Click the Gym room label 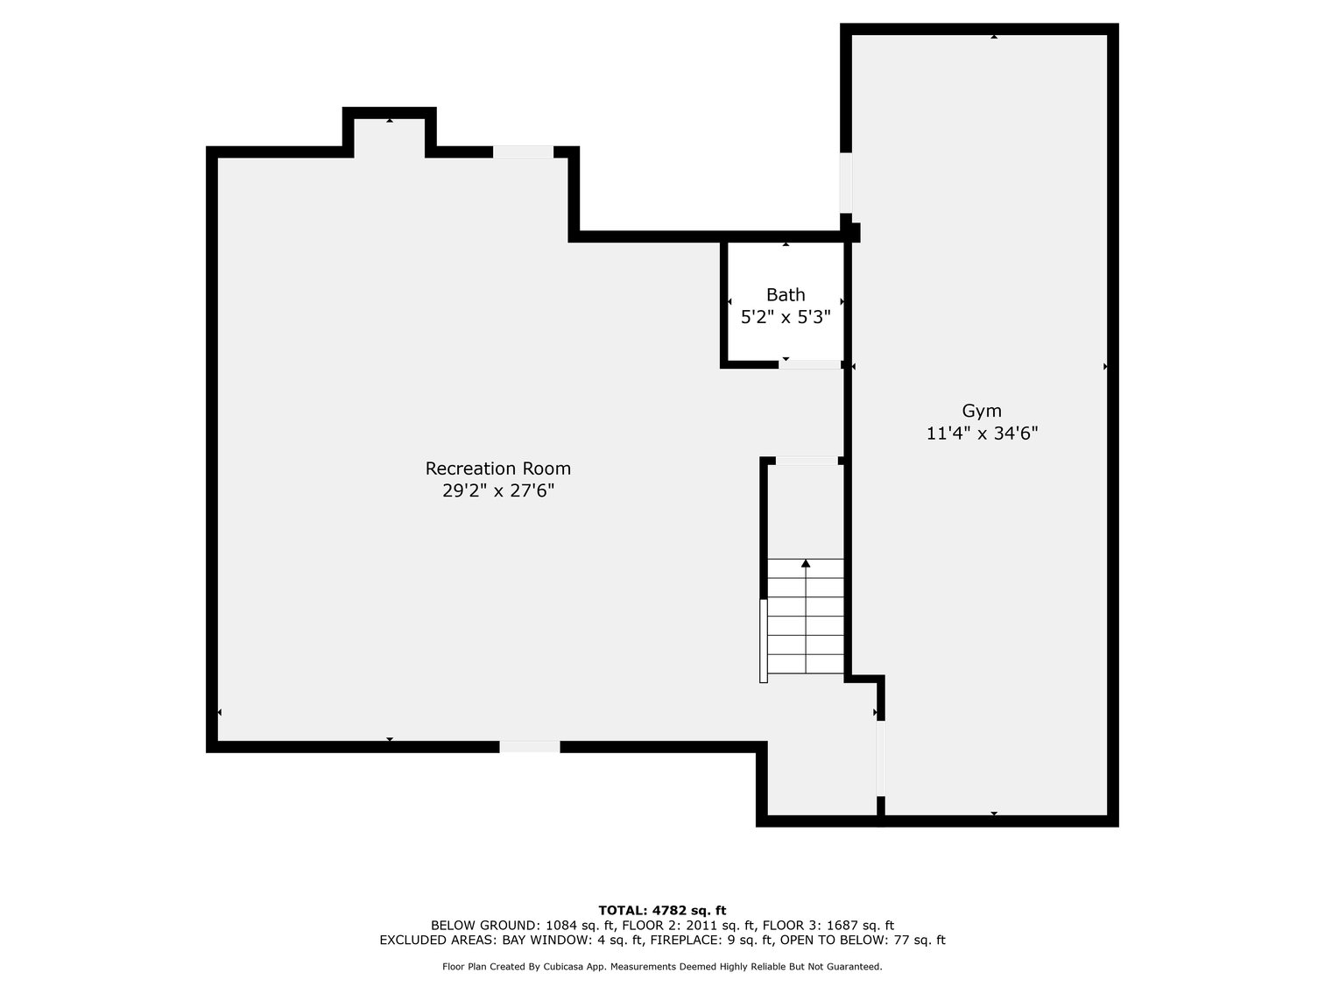coord(982,411)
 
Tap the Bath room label coord(786,294)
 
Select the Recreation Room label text coord(498,469)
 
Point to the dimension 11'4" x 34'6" coord(982,434)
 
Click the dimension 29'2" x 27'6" coord(498,490)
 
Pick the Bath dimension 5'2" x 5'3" coord(786,317)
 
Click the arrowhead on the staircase coord(806,563)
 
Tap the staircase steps coord(806,617)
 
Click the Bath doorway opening coord(809,364)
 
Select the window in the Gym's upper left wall coord(846,183)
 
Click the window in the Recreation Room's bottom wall coord(530,746)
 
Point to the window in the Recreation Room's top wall coord(523,152)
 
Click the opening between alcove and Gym coord(881,758)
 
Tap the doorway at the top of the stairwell coord(807,461)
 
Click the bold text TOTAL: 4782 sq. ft coord(662,910)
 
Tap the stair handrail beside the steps coord(764,641)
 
